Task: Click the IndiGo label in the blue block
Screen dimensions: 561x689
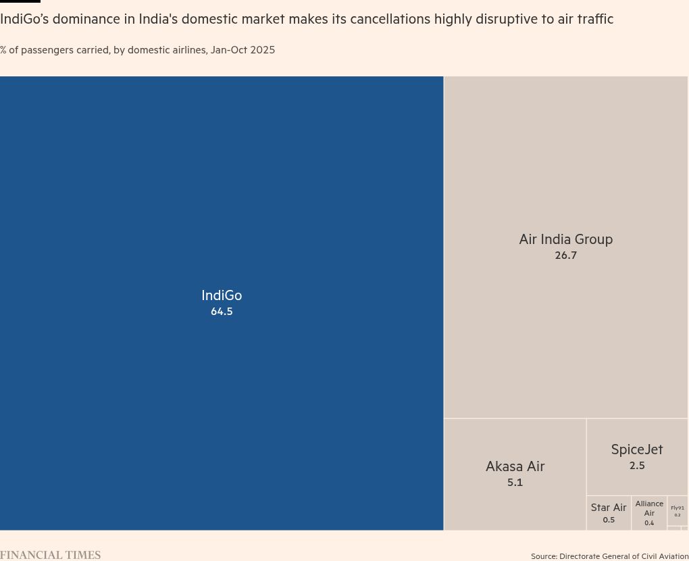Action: pos(222,295)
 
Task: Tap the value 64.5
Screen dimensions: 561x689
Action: pos(222,312)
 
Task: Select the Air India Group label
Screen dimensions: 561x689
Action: pos(565,239)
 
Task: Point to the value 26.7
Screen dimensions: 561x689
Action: pos(565,255)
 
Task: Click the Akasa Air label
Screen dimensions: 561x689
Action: pos(515,466)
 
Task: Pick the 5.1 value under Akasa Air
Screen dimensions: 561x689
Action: pos(515,483)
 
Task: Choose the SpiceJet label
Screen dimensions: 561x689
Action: pos(636,449)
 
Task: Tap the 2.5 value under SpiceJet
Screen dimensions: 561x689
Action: pos(636,466)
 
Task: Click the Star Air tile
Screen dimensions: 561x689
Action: pos(609,512)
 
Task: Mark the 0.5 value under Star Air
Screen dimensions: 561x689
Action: pos(609,520)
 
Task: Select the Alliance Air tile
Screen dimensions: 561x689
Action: pos(649,512)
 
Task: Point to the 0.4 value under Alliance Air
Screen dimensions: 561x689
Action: pos(649,523)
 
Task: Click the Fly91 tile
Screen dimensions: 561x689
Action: pos(678,510)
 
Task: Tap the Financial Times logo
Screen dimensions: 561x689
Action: pos(50,555)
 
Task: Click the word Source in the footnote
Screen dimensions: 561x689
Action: pos(543,556)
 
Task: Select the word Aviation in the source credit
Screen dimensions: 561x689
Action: pos(673,556)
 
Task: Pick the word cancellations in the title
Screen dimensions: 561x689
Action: pos(380,19)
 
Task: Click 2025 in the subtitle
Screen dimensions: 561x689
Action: pos(261,50)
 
